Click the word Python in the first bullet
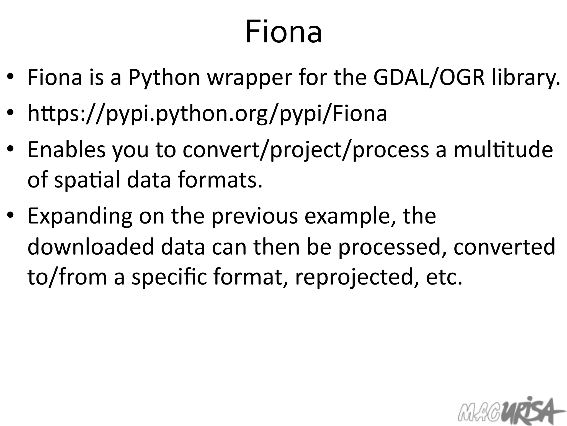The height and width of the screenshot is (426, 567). click(164, 78)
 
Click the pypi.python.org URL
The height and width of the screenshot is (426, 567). click(207, 113)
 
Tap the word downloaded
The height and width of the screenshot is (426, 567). click(91, 247)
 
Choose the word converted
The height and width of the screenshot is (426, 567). click(504, 247)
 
